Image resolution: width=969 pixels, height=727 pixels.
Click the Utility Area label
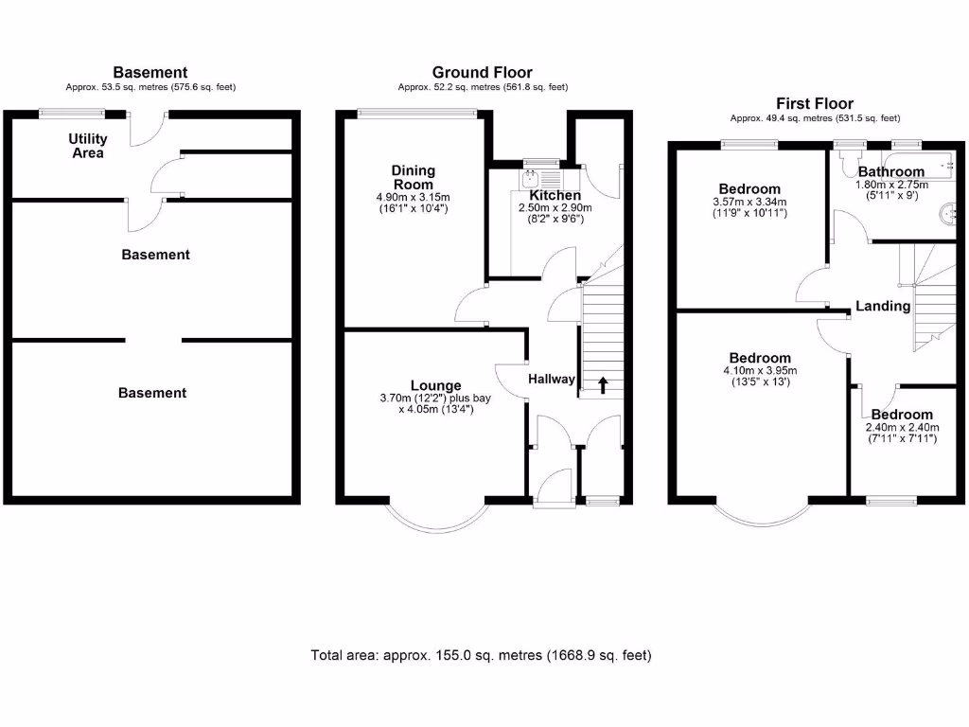coord(87,146)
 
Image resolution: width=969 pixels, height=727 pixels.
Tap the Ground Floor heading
coord(482,72)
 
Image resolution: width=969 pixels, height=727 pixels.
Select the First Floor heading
coord(814,103)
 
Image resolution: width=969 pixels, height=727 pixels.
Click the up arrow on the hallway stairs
coord(602,384)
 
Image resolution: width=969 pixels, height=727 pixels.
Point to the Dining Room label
coord(414,177)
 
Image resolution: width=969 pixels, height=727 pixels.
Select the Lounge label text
coord(435,385)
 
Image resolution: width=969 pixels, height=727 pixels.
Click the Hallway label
coord(551,379)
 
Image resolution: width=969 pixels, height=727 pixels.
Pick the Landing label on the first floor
coord(882,306)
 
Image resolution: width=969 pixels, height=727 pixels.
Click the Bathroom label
coord(890,171)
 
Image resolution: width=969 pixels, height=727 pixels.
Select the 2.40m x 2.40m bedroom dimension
coord(901,427)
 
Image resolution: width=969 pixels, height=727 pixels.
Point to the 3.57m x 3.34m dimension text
coord(749,202)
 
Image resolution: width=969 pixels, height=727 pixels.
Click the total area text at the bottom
coord(481,655)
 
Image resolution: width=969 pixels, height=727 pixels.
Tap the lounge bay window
coord(436,521)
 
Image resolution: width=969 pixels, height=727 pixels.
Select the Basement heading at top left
coord(150,72)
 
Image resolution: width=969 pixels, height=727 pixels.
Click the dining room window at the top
coord(417,115)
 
